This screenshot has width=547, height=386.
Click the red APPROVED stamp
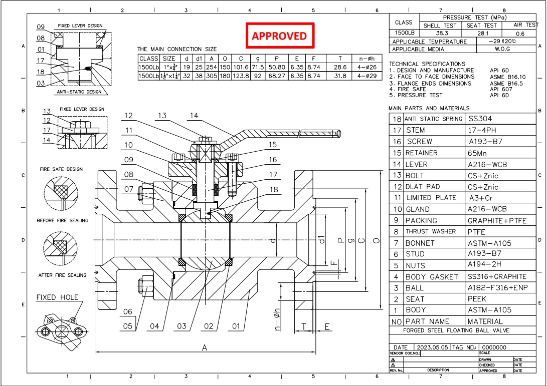279,36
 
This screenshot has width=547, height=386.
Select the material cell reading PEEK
478,299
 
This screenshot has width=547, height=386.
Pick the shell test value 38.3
439,33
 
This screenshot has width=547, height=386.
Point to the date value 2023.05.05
433,347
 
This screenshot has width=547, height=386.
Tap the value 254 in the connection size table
212,68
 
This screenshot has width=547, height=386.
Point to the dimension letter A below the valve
205,348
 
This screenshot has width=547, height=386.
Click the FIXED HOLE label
57,297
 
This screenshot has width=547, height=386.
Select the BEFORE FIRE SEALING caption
62,220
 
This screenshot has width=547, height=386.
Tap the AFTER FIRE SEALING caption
62,275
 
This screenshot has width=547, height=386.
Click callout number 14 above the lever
194,116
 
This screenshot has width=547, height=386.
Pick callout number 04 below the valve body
154,326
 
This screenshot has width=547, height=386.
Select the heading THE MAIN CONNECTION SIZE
177,49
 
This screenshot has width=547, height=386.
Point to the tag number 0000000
494,347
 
